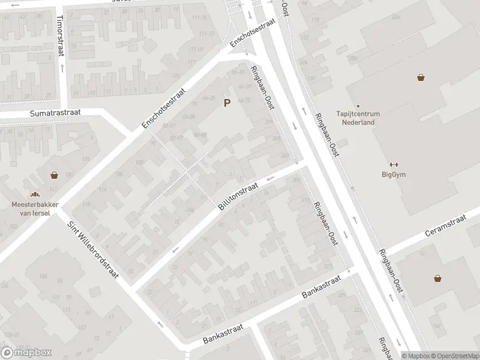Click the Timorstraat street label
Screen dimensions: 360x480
[61, 36]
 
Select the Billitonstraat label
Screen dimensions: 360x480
[238, 197]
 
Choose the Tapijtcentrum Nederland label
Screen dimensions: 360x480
[358, 118]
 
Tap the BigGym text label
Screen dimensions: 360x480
[394, 175]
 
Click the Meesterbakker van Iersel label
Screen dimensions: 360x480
[35, 208]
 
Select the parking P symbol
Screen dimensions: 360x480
[227, 103]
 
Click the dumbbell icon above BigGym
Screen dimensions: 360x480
[394, 164]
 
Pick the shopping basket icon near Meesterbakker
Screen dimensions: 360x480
[55, 175]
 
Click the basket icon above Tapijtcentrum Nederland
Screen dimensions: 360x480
[421, 77]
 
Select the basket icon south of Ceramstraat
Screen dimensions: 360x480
[438, 278]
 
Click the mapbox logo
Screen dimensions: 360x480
[26, 353]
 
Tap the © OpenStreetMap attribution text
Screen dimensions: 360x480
[454, 356]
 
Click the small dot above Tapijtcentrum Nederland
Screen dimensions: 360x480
[358, 106]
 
